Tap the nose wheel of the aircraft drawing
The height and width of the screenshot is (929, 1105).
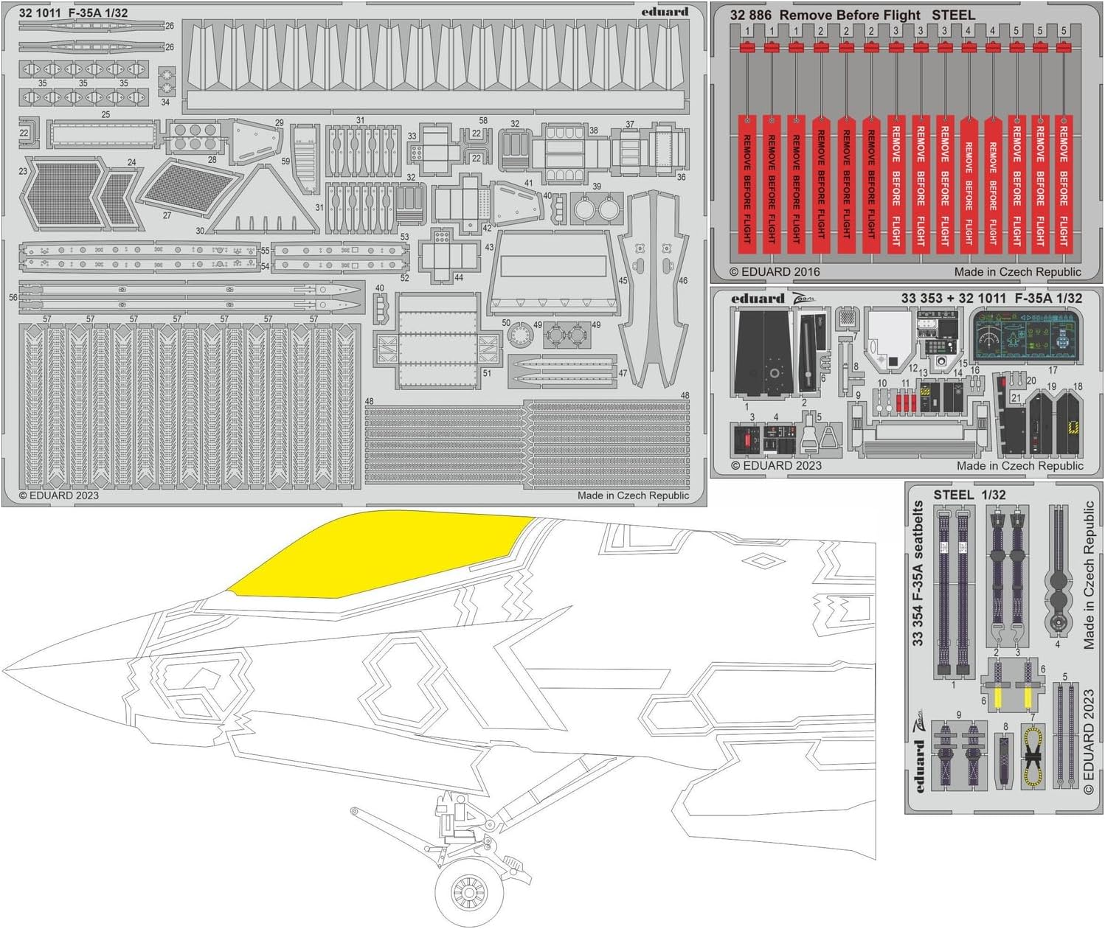465,892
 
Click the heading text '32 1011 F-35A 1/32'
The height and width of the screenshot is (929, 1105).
73,13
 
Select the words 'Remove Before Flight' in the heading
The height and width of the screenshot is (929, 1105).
850,15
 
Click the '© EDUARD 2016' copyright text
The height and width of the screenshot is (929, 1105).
775,271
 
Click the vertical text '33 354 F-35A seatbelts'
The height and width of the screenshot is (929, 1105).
918,574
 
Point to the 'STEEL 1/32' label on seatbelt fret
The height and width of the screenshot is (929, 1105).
969,495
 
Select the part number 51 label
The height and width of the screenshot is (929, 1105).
487,374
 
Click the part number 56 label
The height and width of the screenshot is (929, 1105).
13,298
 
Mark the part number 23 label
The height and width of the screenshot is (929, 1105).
23,171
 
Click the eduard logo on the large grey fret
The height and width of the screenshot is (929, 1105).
664,11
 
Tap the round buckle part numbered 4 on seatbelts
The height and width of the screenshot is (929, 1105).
1057,623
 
